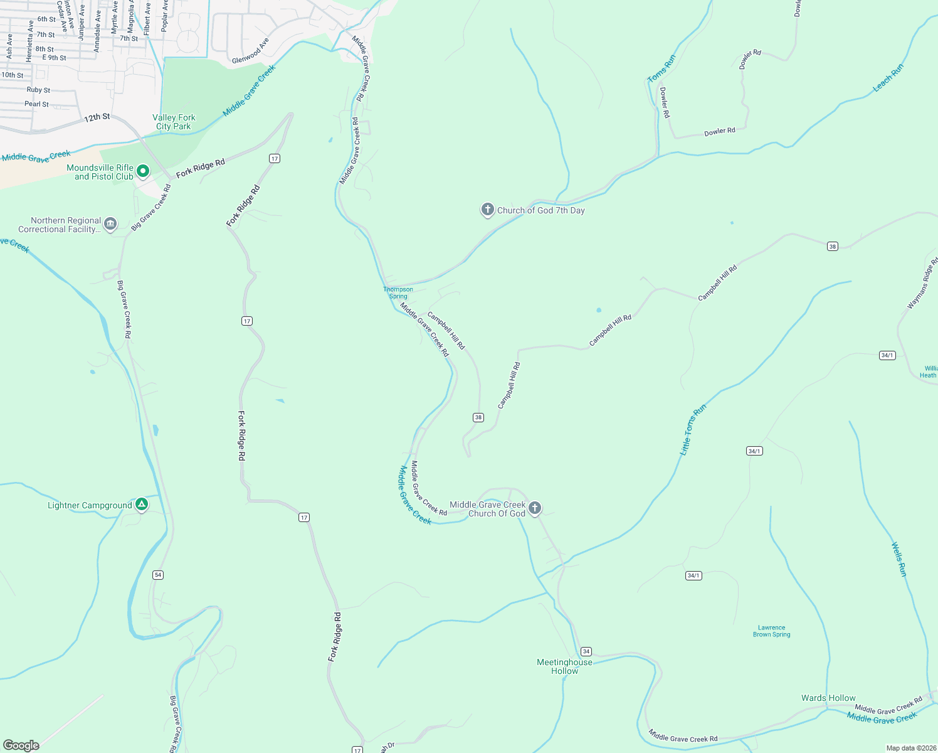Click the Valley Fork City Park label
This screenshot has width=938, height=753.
tap(174, 122)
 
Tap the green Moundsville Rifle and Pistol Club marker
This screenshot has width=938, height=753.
tap(143, 171)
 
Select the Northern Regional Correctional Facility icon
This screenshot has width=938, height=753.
tap(110, 224)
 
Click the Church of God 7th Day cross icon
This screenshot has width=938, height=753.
tap(488, 210)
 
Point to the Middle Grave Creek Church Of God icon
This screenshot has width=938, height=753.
tap(535, 508)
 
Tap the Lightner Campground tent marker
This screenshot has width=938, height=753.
tap(142, 504)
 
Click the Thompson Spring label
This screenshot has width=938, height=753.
tap(398, 293)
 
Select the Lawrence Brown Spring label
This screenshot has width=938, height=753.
tap(771, 631)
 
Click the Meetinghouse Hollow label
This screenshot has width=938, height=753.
tap(564, 666)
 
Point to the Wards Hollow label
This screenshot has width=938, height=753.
tap(828, 698)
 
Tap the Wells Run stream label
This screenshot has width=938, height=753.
tap(899, 559)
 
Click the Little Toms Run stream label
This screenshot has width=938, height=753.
tap(693, 429)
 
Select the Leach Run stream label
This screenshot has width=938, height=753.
tap(888, 78)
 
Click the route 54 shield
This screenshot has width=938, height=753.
tap(158, 575)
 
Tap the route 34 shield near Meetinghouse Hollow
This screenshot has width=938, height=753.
tap(586, 651)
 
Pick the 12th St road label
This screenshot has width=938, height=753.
tap(97, 117)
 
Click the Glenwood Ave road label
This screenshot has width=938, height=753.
tap(250, 51)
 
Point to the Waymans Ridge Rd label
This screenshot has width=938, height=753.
tap(922, 283)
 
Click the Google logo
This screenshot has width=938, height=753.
tap(21, 745)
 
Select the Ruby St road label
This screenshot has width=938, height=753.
tap(38, 90)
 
